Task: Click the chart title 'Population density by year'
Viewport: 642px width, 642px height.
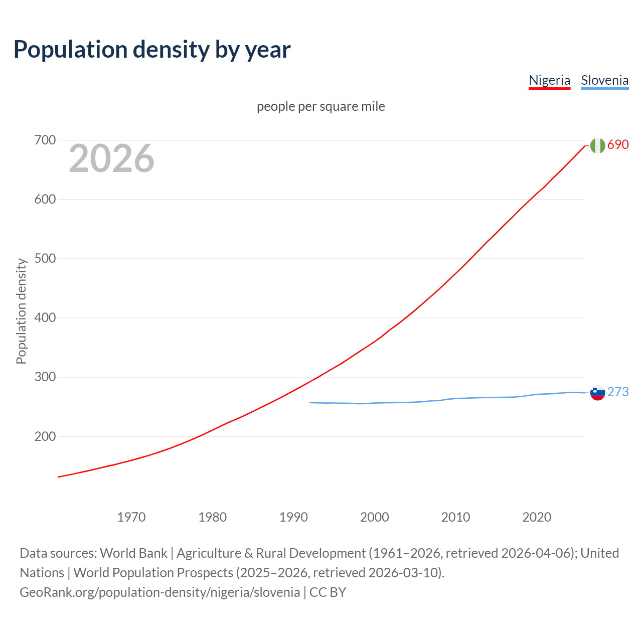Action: [x=152, y=50]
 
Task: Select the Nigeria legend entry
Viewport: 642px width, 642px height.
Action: [x=549, y=80]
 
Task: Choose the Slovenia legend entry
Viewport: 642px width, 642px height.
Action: [x=604, y=80]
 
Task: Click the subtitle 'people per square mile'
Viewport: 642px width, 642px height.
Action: [x=320, y=107]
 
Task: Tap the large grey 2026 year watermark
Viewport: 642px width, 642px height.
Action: [x=111, y=158]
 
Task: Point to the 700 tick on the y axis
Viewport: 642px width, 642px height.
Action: [x=45, y=140]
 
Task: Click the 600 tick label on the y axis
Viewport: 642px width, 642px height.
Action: [x=45, y=200]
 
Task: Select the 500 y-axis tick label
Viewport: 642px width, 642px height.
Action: [x=45, y=259]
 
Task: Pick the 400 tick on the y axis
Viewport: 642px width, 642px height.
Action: [x=45, y=318]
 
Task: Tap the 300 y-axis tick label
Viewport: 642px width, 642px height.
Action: [x=45, y=377]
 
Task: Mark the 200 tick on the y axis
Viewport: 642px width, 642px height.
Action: [x=45, y=436]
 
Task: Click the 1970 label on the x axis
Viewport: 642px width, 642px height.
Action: [x=131, y=517]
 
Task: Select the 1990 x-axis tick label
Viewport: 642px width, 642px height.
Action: [x=293, y=517]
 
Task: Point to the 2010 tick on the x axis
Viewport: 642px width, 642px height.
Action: [x=455, y=517]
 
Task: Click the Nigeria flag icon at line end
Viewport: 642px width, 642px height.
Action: [x=597, y=145]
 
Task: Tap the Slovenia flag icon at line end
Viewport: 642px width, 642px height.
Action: [x=597, y=393]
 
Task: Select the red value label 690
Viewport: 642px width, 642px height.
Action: [x=618, y=145]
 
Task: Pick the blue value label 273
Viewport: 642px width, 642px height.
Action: [x=618, y=392]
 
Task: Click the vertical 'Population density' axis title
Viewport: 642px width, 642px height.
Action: [x=21, y=311]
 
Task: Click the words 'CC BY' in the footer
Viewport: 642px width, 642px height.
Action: [x=328, y=592]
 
